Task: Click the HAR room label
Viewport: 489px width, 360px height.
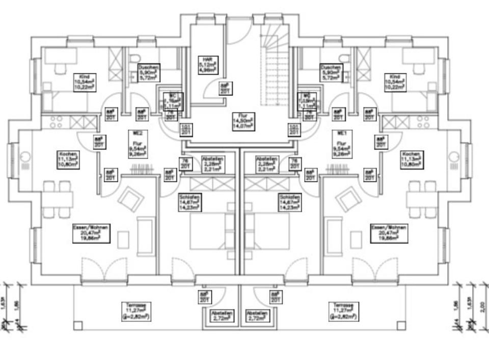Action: pyautogui.click(x=207, y=66)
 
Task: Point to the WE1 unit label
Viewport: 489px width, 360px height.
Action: pyautogui.click(x=342, y=133)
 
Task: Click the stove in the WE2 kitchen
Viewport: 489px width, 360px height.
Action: pyautogui.click(x=57, y=122)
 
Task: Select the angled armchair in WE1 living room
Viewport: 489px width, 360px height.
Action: pyautogui.click(x=349, y=199)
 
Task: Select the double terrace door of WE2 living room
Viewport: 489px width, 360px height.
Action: pyautogui.click(x=104, y=270)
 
